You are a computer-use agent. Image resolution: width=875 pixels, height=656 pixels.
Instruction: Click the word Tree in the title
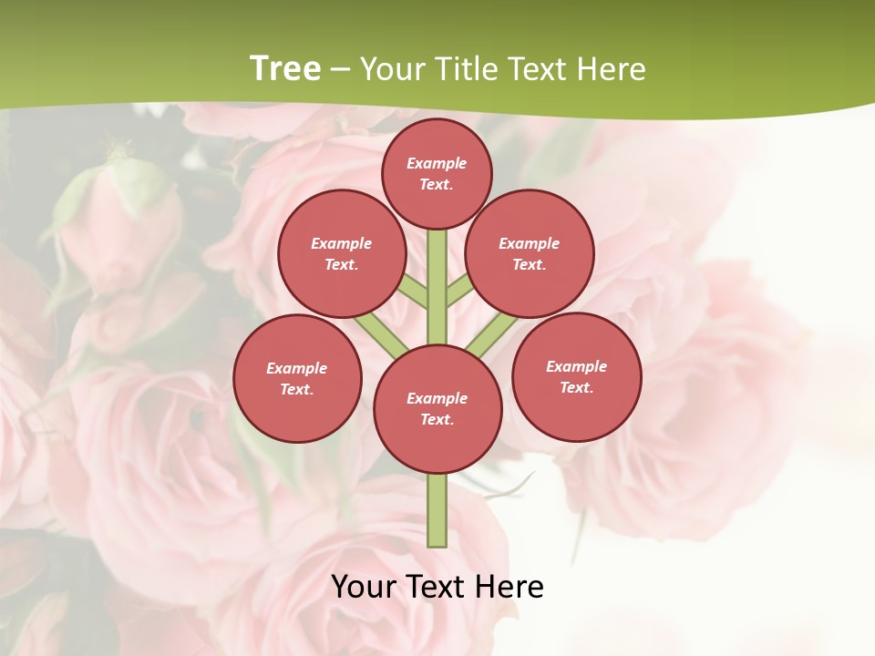284,68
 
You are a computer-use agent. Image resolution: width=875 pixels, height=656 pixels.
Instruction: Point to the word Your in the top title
394,68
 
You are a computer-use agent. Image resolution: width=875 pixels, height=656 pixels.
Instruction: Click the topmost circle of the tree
437,173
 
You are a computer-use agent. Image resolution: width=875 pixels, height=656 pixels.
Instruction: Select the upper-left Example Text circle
342,253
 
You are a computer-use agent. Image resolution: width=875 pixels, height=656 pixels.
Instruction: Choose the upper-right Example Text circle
530,253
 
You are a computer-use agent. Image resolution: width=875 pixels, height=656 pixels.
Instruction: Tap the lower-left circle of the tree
297,378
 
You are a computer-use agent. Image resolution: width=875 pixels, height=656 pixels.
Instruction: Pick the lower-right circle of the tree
576,376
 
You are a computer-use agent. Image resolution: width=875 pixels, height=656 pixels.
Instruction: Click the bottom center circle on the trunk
437,409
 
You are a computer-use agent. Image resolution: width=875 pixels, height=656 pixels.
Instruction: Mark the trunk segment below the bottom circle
437,510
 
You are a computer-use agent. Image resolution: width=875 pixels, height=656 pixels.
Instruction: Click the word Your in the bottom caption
362,587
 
